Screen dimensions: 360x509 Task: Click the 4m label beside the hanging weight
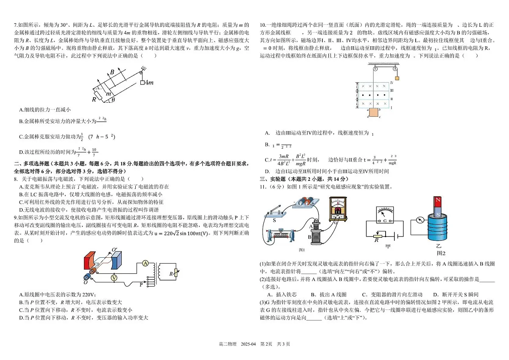[148, 82]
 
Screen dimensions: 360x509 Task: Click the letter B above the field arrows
[112, 72]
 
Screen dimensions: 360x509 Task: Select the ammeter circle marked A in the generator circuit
[145, 264]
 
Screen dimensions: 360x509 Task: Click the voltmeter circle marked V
[114, 277]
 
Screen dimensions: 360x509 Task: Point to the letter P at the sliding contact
[141, 284]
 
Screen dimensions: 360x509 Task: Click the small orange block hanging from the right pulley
[397, 78]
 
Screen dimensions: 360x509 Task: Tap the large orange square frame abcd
[373, 112]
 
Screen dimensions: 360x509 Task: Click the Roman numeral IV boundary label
[392, 82]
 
